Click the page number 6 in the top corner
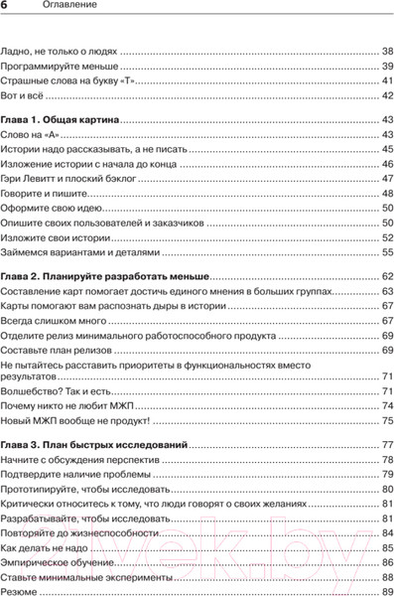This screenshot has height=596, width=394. [x=7, y=7]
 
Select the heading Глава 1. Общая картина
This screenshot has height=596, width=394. [x=61, y=119]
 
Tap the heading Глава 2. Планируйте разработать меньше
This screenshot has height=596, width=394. [x=106, y=274]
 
